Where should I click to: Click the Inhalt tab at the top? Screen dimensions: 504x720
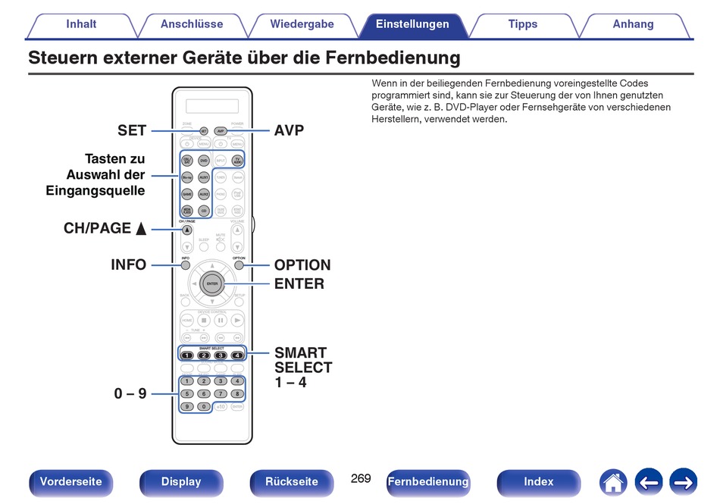(81, 24)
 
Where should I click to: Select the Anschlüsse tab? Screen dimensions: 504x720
(192, 24)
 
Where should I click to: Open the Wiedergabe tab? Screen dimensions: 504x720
(302, 24)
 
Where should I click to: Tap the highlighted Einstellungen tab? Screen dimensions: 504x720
(412, 24)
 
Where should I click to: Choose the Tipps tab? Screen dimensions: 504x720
(522, 24)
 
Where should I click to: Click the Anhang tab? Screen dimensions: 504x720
(633, 24)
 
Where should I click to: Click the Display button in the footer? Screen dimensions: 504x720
(181, 482)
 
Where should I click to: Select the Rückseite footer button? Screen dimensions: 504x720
(292, 482)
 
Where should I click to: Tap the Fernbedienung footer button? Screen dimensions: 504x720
(427, 482)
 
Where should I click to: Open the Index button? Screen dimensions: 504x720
(538, 482)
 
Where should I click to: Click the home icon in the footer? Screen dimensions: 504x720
(612, 482)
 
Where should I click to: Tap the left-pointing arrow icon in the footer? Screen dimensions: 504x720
(648, 482)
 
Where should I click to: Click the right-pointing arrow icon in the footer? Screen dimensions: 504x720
(683, 482)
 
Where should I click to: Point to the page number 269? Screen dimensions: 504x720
(361, 478)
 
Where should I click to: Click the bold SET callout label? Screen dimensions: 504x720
(132, 130)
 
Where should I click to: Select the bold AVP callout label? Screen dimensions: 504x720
(289, 130)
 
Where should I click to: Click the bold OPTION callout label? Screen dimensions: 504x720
(302, 265)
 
